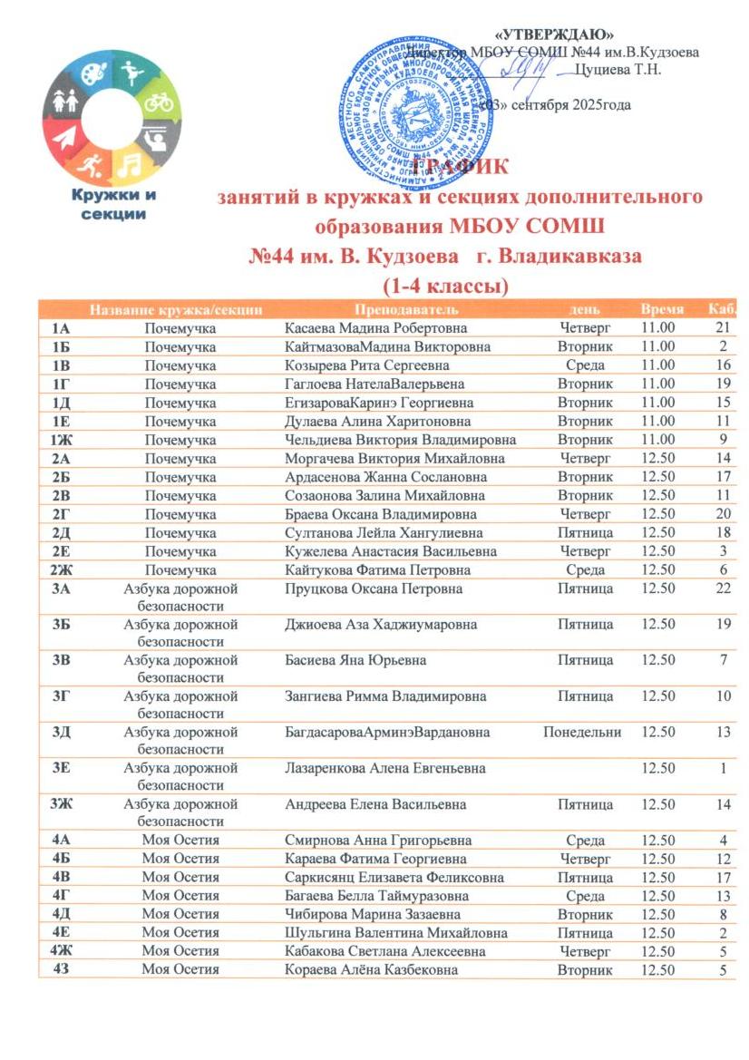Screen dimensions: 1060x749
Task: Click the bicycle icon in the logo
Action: click(x=160, y=102)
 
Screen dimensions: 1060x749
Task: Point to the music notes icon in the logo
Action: click(x=129, y=164)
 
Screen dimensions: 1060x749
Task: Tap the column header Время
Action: click(x=661, y=309)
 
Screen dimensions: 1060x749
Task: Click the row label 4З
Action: click(x=62, y=970)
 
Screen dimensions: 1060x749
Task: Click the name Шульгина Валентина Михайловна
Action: click(x=396, y=933)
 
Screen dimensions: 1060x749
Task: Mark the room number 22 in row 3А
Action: click(x=723, y=589)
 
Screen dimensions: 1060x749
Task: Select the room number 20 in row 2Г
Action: click(x=723, y=514)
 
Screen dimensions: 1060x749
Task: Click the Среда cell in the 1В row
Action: click(x=585, y=365)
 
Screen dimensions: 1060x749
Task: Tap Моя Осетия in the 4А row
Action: click(x=180, y=841)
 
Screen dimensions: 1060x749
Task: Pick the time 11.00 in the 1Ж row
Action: click(x=657, y=440)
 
